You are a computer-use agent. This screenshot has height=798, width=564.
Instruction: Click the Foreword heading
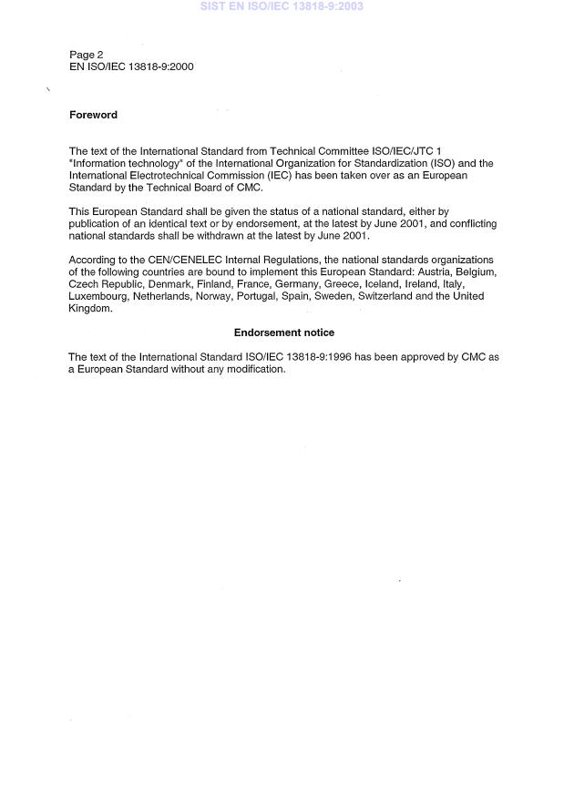tap(93, 116)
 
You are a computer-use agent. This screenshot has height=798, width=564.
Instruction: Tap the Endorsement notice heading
tap(284, 333)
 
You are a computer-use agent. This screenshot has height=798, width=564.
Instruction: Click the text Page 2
tap(87, 55)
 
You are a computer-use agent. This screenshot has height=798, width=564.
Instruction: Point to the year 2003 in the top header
tap(349, 6)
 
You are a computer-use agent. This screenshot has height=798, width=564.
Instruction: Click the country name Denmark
tap(169, 284)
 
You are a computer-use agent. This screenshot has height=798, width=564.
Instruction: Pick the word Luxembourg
tap(97, 296)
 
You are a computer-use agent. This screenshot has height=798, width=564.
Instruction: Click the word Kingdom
tap(90, 308)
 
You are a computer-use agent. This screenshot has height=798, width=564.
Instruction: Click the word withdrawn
tap(211, 236)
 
